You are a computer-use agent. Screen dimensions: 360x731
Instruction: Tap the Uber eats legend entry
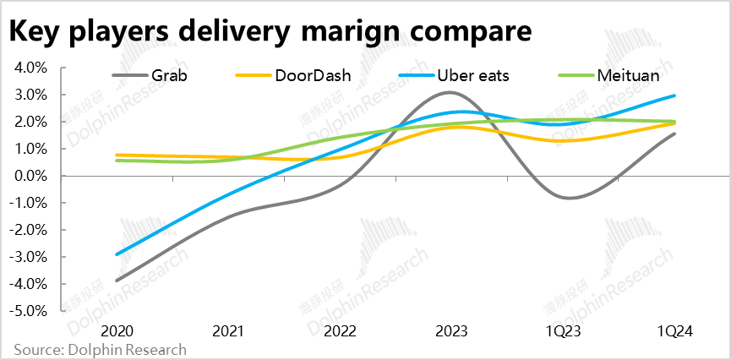[468, 75]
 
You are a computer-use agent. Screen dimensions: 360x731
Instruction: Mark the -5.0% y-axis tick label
[29, 311]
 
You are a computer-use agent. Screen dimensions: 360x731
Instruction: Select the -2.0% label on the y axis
[29, 230]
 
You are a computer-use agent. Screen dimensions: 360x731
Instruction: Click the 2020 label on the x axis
[117, 331]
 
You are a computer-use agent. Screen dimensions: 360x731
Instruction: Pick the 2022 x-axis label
[340, 331]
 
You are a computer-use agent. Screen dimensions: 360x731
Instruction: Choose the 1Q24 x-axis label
[674, 331]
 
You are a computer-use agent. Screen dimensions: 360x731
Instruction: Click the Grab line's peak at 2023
[450, 92]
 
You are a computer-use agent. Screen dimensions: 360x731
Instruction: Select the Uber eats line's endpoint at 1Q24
[674, 95]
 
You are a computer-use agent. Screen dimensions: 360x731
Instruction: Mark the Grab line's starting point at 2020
[117, 281]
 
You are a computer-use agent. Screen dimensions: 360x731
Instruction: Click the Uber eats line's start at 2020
[117, 254]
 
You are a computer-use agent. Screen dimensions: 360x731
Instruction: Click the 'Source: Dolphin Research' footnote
[100, 350]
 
